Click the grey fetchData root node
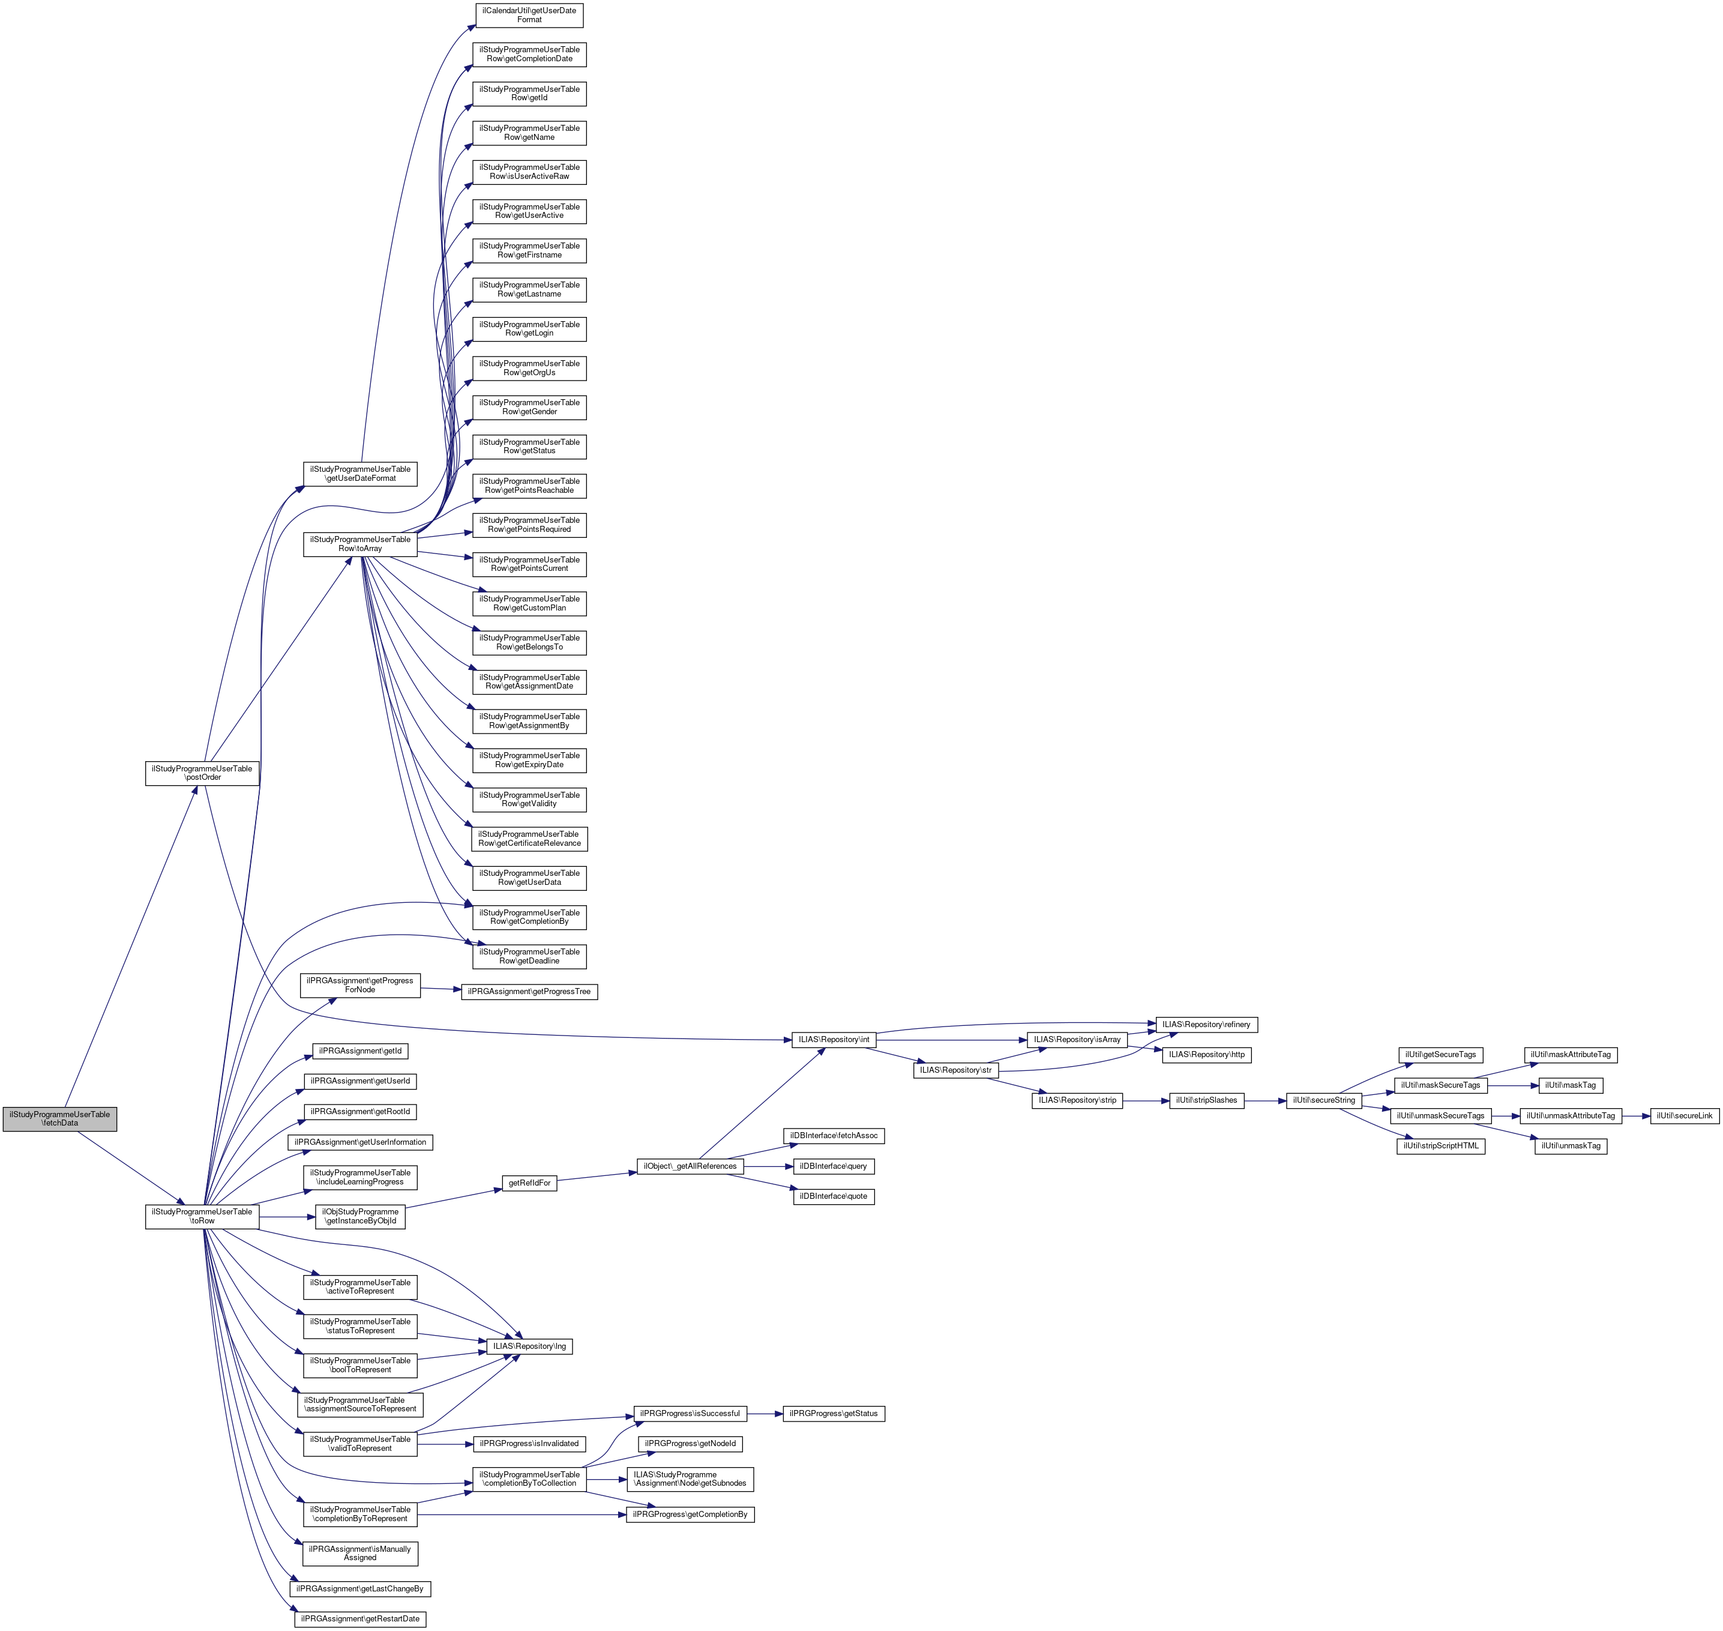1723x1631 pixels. [59, 1118]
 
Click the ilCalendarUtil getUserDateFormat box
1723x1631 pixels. [529, 15]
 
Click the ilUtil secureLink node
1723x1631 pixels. [1684, 1115]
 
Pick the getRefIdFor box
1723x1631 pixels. [529, 1183]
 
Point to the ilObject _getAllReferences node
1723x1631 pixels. [690, 1166]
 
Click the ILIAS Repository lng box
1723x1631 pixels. [529, 1346]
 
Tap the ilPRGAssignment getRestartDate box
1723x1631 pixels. [360, 1619]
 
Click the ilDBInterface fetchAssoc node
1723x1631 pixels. [834, 1135]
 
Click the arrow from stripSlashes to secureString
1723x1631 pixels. [1265, 1101]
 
